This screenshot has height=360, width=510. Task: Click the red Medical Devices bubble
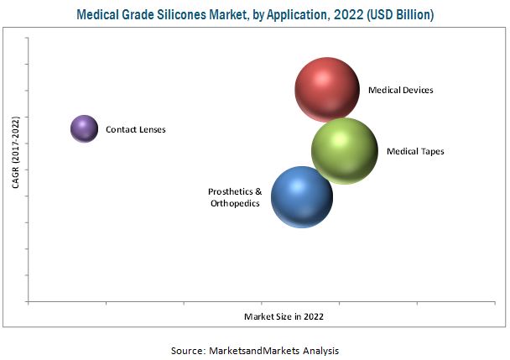point(326,89)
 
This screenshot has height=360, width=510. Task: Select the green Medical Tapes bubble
point(343,151)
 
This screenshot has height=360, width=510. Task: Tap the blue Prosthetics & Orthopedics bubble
point(302,196)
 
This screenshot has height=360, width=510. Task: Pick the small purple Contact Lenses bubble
point(83,129)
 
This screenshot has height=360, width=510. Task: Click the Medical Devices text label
point(400,90)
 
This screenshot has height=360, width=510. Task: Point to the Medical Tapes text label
point(414,152)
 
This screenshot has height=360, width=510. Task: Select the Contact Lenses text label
point(135,130)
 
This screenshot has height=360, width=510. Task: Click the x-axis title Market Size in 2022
point(284,317)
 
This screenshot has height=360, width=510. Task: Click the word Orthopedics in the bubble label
point(235,203)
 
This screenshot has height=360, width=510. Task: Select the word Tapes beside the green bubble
point(430,152)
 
